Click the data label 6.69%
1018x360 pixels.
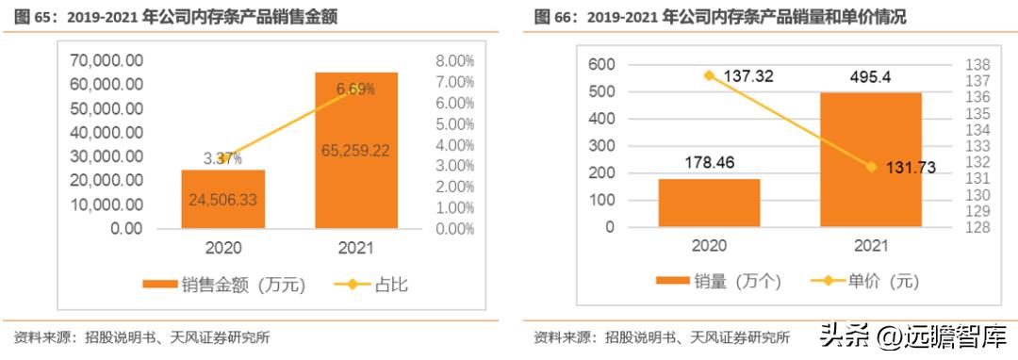(355, 89)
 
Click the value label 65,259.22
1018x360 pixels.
(356, 149)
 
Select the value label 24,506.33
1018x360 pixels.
(223, 199)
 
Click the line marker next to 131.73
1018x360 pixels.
(871, 167)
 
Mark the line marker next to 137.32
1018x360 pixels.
(709, 74)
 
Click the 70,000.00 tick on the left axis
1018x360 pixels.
(107, 59)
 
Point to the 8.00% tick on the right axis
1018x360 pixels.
(455, 59)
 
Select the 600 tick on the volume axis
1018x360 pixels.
(601, 64)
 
